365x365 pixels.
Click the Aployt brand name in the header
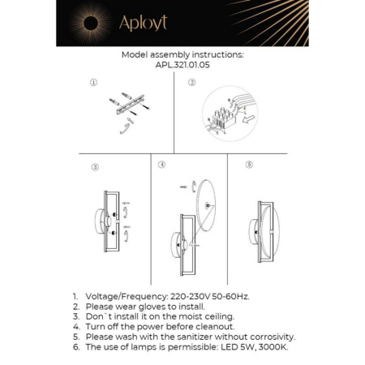click(143, 24)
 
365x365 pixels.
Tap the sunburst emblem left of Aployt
click(88, 23)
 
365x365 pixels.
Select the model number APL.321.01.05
click(182, 67)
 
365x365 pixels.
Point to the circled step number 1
click(94, 83)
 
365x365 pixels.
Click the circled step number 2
click(192, 83)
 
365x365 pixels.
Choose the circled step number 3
click(95, 167)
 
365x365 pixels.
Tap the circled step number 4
click(162, 165)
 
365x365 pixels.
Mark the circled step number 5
click(249, 165)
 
